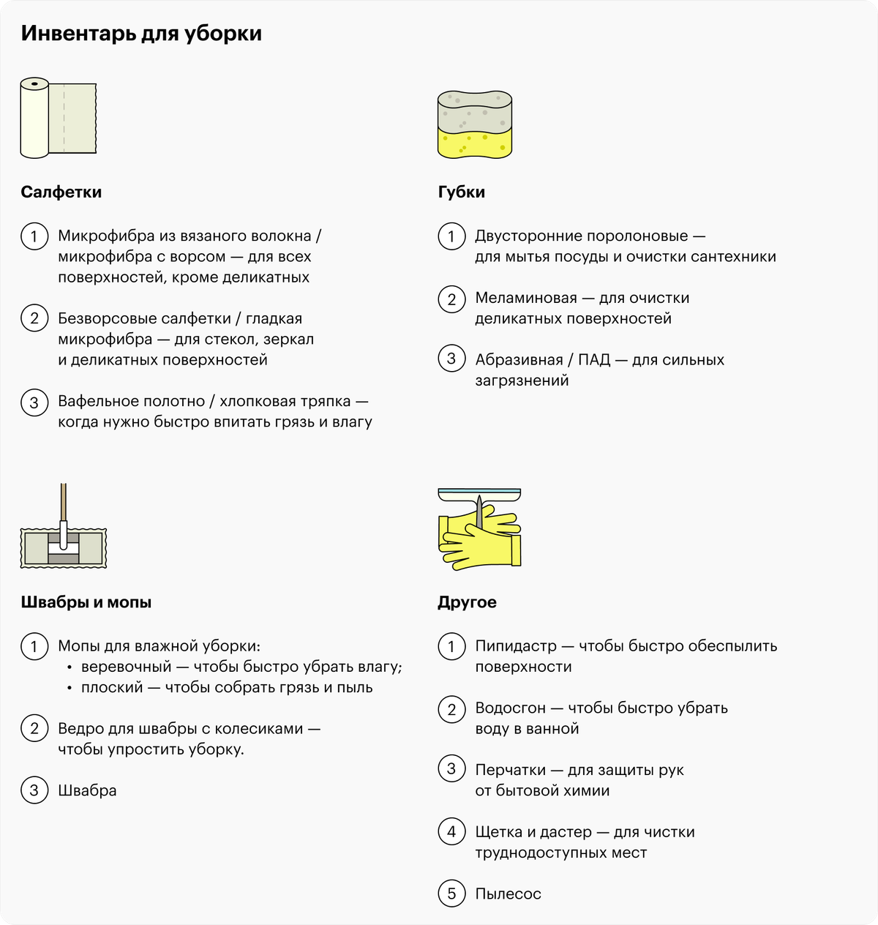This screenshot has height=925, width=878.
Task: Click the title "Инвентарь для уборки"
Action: [141, 34]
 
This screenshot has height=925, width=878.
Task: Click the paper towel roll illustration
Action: [58, 118]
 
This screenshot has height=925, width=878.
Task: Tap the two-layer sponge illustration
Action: [474, 124]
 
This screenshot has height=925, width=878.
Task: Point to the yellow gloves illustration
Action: [479, 538]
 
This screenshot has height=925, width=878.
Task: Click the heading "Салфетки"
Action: [61, 192]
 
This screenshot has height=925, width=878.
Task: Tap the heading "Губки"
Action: [461, 192]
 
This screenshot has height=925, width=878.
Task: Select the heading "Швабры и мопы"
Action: [86, 602]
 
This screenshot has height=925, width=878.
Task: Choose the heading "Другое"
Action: [467, 602]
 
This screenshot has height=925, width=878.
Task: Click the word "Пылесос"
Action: [508, 894]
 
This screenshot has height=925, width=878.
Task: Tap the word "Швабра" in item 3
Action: [87, 790]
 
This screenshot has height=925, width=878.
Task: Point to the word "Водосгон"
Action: [510, 708]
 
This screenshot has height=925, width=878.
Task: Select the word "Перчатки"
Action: [509, 770]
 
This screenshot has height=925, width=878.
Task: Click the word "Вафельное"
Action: [93, 401]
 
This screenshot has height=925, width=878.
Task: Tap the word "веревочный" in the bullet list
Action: [126, 667]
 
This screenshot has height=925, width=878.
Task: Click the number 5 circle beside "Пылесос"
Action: [451, 894]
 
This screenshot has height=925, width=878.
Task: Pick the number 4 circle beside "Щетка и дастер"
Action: [451, 832]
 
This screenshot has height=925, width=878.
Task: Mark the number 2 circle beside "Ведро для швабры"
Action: [34, 729]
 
